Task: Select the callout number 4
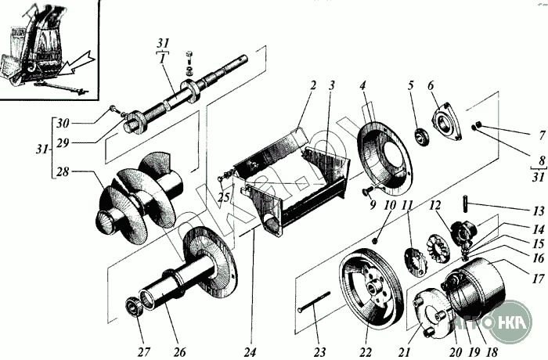[x=363, y=85]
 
